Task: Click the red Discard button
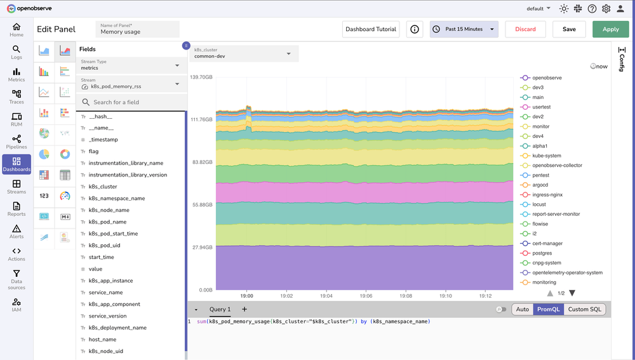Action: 525,29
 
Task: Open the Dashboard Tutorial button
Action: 371,29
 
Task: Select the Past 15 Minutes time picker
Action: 464,29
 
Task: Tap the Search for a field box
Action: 132,102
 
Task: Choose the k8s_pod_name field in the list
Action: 107,222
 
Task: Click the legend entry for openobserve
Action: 547,77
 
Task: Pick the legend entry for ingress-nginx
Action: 547,195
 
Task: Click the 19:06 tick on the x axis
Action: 366,296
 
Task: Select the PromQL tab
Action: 547,309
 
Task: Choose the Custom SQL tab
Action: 584,309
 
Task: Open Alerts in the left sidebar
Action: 17,231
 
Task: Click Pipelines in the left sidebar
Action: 17,142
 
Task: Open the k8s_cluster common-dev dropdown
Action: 243,53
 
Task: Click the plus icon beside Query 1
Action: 244,309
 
